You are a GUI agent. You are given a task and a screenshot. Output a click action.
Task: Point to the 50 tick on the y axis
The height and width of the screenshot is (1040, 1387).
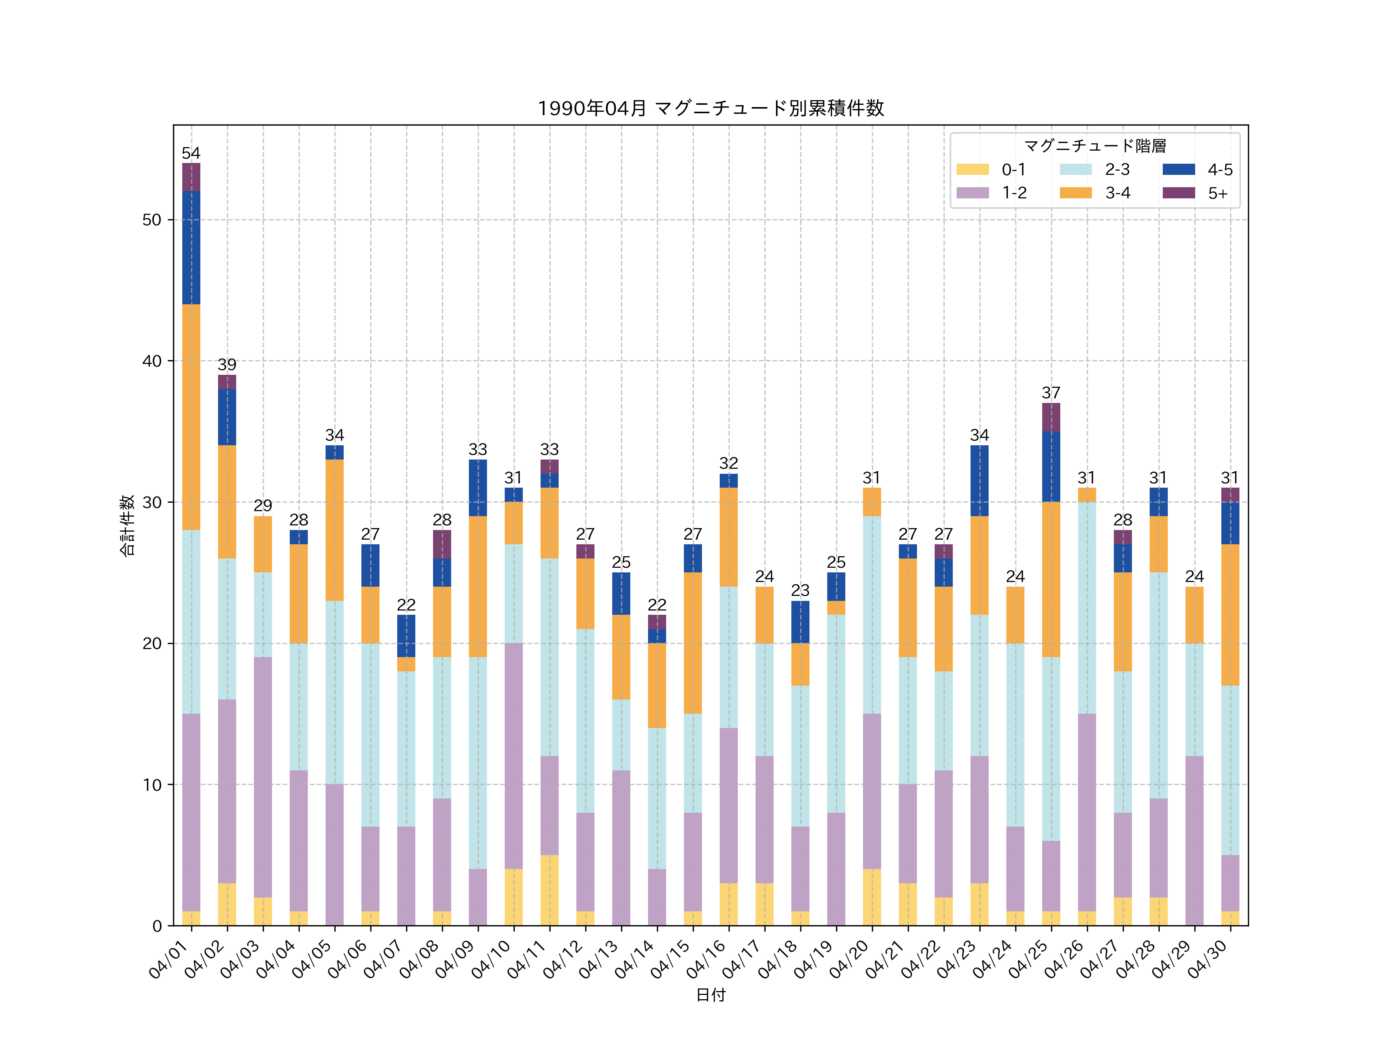click(152, 220)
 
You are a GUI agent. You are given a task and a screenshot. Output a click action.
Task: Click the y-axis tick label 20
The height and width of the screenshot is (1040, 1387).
click(152, 644)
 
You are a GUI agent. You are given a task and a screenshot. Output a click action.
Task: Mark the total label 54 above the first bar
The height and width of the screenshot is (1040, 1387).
click(191, 154)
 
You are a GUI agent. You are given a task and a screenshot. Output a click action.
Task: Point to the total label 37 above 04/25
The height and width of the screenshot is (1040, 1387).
click(1051, 393)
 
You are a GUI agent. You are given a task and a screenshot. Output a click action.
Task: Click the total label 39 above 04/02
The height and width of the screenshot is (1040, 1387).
click(227, 365)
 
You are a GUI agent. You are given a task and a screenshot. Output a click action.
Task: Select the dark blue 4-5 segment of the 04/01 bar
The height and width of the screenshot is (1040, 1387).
click(191, 248)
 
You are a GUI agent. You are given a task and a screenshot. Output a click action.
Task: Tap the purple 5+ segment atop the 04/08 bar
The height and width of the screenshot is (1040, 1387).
click(442, 544)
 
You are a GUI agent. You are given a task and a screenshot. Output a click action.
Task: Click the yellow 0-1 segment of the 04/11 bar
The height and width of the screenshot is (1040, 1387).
click(549, 890)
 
